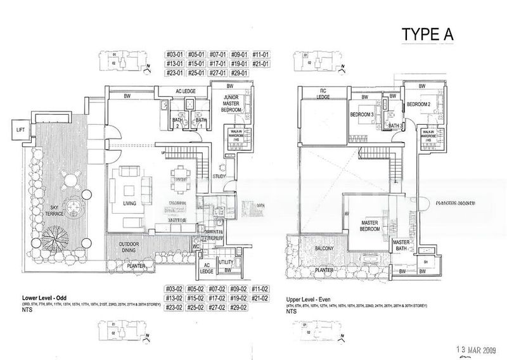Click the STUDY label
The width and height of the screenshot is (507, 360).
point(220,176)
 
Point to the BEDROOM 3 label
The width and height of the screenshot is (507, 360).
point(362,115)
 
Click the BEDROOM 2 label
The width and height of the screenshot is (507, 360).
point(418,104)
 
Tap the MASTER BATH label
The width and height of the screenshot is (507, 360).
point(401,245)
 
